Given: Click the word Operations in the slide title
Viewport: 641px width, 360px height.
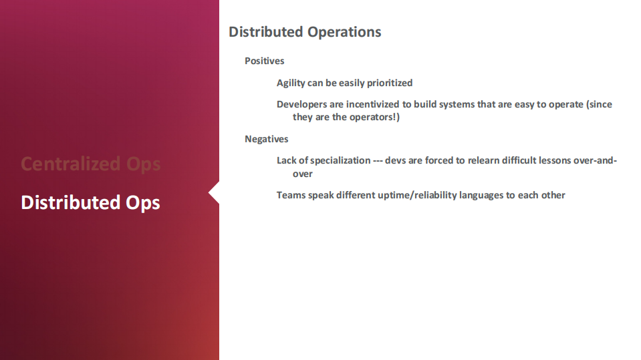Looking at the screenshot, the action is coord(344,32).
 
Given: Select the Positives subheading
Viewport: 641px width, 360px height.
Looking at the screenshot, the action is coord(265,61).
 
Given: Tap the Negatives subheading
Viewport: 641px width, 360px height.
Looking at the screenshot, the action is coord(267,139).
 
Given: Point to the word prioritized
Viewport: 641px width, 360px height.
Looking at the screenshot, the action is coord(390,83).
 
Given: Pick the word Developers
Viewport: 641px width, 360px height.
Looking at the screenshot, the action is coord(301,105).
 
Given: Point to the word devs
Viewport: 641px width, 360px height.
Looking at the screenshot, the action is coord(395,160).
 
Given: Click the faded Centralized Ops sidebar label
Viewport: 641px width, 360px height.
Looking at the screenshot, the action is coord(91,164).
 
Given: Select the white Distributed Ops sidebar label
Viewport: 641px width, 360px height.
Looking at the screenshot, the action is coord(90,202).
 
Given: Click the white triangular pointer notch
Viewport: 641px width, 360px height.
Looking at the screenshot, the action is coord(215,193).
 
